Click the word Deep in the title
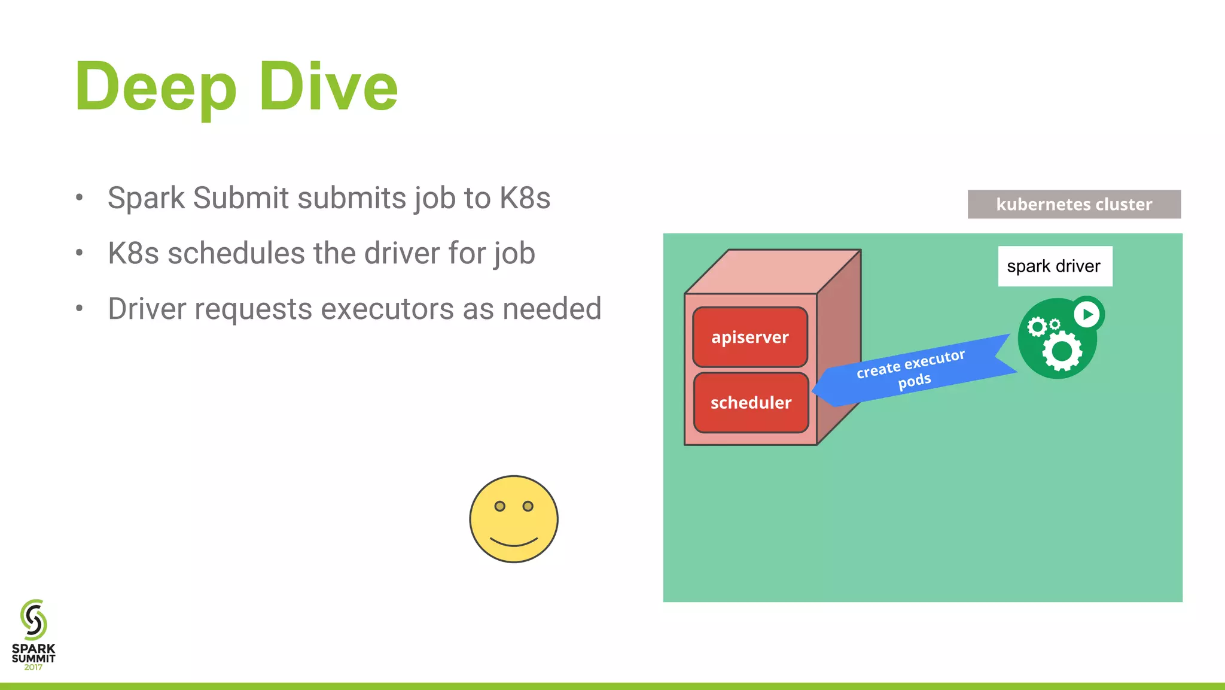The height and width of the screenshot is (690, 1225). coord(156,87)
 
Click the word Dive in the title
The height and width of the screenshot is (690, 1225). coord(328,87)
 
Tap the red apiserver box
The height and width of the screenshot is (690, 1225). coord(750,337)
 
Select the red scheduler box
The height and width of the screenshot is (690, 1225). coord(751,403)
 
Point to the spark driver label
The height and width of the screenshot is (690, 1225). coord(1055,266)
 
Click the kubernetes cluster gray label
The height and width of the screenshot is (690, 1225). coord(1074,204)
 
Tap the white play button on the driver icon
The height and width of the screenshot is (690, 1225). coord(1087,314)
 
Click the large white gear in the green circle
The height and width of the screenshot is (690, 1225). coord(1062,351)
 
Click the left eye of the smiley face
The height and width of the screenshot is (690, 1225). coord(500,506)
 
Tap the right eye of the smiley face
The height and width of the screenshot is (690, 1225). coord(528,506)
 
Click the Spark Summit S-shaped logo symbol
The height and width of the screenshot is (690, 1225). coord(33,619)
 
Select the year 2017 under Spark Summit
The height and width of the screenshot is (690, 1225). coord(33,667)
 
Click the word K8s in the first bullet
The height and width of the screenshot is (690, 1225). coord(525,198)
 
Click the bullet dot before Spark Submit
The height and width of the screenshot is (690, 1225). coord(79,198)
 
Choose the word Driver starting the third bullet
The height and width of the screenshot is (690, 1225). coord(147,309)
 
